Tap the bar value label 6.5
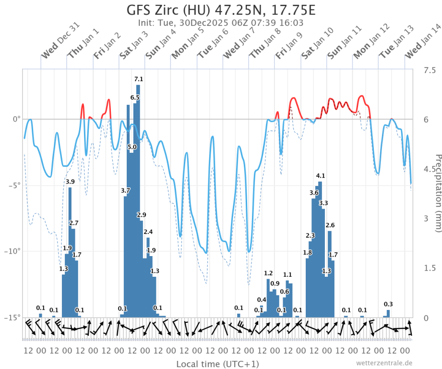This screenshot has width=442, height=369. (135, 98)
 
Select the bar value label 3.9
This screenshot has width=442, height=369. (70, 182)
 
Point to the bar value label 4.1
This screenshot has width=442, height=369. (321, 175)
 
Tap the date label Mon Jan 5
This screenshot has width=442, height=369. (186, 45)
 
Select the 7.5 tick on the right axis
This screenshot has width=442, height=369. (429, 70)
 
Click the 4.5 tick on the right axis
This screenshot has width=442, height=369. (429, 169)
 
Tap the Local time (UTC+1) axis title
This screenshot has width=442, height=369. (217, 364)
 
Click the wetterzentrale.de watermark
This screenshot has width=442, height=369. (384, 363)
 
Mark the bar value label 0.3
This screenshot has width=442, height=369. (388, 304)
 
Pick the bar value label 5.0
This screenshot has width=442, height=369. (132, 147)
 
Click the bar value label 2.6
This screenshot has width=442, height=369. (330, 225)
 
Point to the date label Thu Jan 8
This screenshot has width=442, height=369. (264, 45)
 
